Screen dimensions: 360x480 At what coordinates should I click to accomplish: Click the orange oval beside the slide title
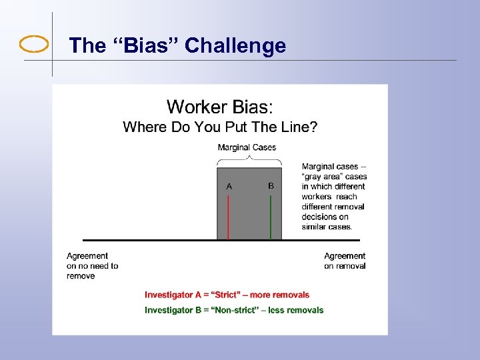point(34,45)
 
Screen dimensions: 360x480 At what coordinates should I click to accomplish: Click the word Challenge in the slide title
point(235,45)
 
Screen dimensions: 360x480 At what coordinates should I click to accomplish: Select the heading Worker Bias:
point(220,107)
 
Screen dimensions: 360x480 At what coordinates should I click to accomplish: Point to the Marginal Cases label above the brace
point(247,147)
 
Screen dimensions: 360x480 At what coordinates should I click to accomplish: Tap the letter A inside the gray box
point(229,187)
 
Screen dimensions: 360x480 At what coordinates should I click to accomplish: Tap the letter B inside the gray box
point(271,186)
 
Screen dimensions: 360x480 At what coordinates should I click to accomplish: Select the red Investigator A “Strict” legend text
point(227,295)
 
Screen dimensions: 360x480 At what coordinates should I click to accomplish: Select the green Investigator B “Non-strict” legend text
point(234,310)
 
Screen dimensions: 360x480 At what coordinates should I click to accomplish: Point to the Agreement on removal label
point(345,261)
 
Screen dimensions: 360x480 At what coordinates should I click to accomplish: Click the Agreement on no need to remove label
point(92,265)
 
